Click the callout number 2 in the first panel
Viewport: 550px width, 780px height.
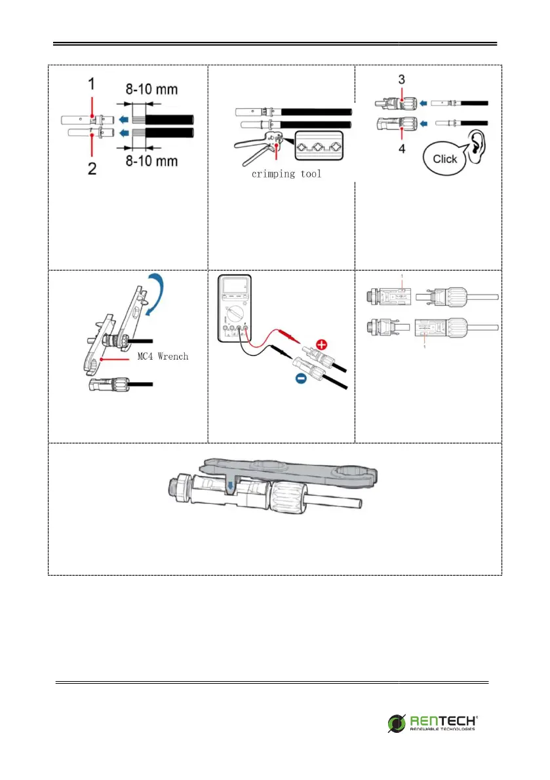92,169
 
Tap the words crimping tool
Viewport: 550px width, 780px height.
286,175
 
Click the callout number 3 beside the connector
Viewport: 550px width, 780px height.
400,79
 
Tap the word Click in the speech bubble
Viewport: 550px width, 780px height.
445,159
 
